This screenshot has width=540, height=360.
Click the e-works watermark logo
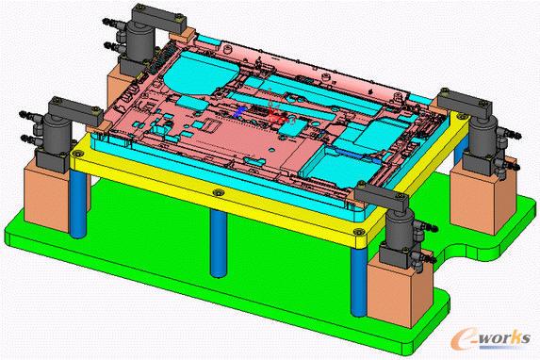[490, 338]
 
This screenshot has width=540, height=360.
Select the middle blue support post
[219, 243]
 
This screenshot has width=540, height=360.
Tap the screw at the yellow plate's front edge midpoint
[218, 192]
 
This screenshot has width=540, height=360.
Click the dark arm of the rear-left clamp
[159, 19]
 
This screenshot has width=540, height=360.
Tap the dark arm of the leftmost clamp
[75, 111]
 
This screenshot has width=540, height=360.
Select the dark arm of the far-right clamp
[465, 103]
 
